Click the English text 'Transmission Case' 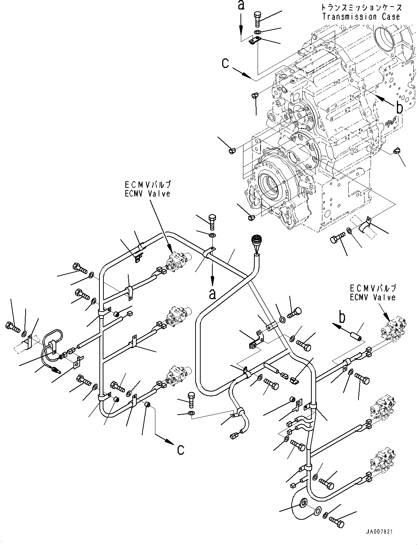point(361,16)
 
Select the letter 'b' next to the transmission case point(399,108)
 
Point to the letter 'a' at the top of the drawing point(240,5)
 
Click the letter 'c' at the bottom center point(181,450)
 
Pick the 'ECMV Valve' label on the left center point(147,194)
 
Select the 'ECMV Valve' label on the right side point(372,297)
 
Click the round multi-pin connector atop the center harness point(255,242)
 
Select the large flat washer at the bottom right point(303,504)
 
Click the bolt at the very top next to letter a point(257,18)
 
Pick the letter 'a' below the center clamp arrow point(212,294)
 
